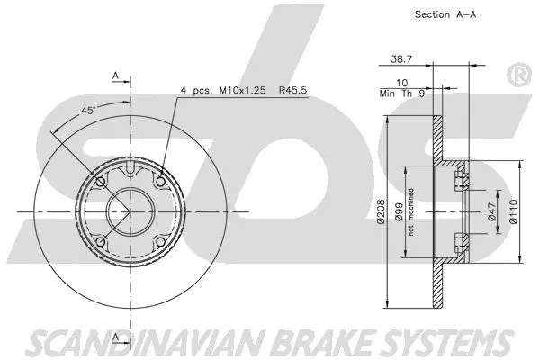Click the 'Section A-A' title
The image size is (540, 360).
click(445, 14)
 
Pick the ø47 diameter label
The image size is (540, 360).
click(492, 211)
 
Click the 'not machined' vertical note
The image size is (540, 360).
click(411, 212)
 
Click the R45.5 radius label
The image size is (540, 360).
click(297, 91)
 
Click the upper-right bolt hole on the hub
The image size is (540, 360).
click(161, 183)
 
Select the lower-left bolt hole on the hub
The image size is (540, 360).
click(102, 242)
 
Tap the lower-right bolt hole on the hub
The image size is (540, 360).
click(161, 242)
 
